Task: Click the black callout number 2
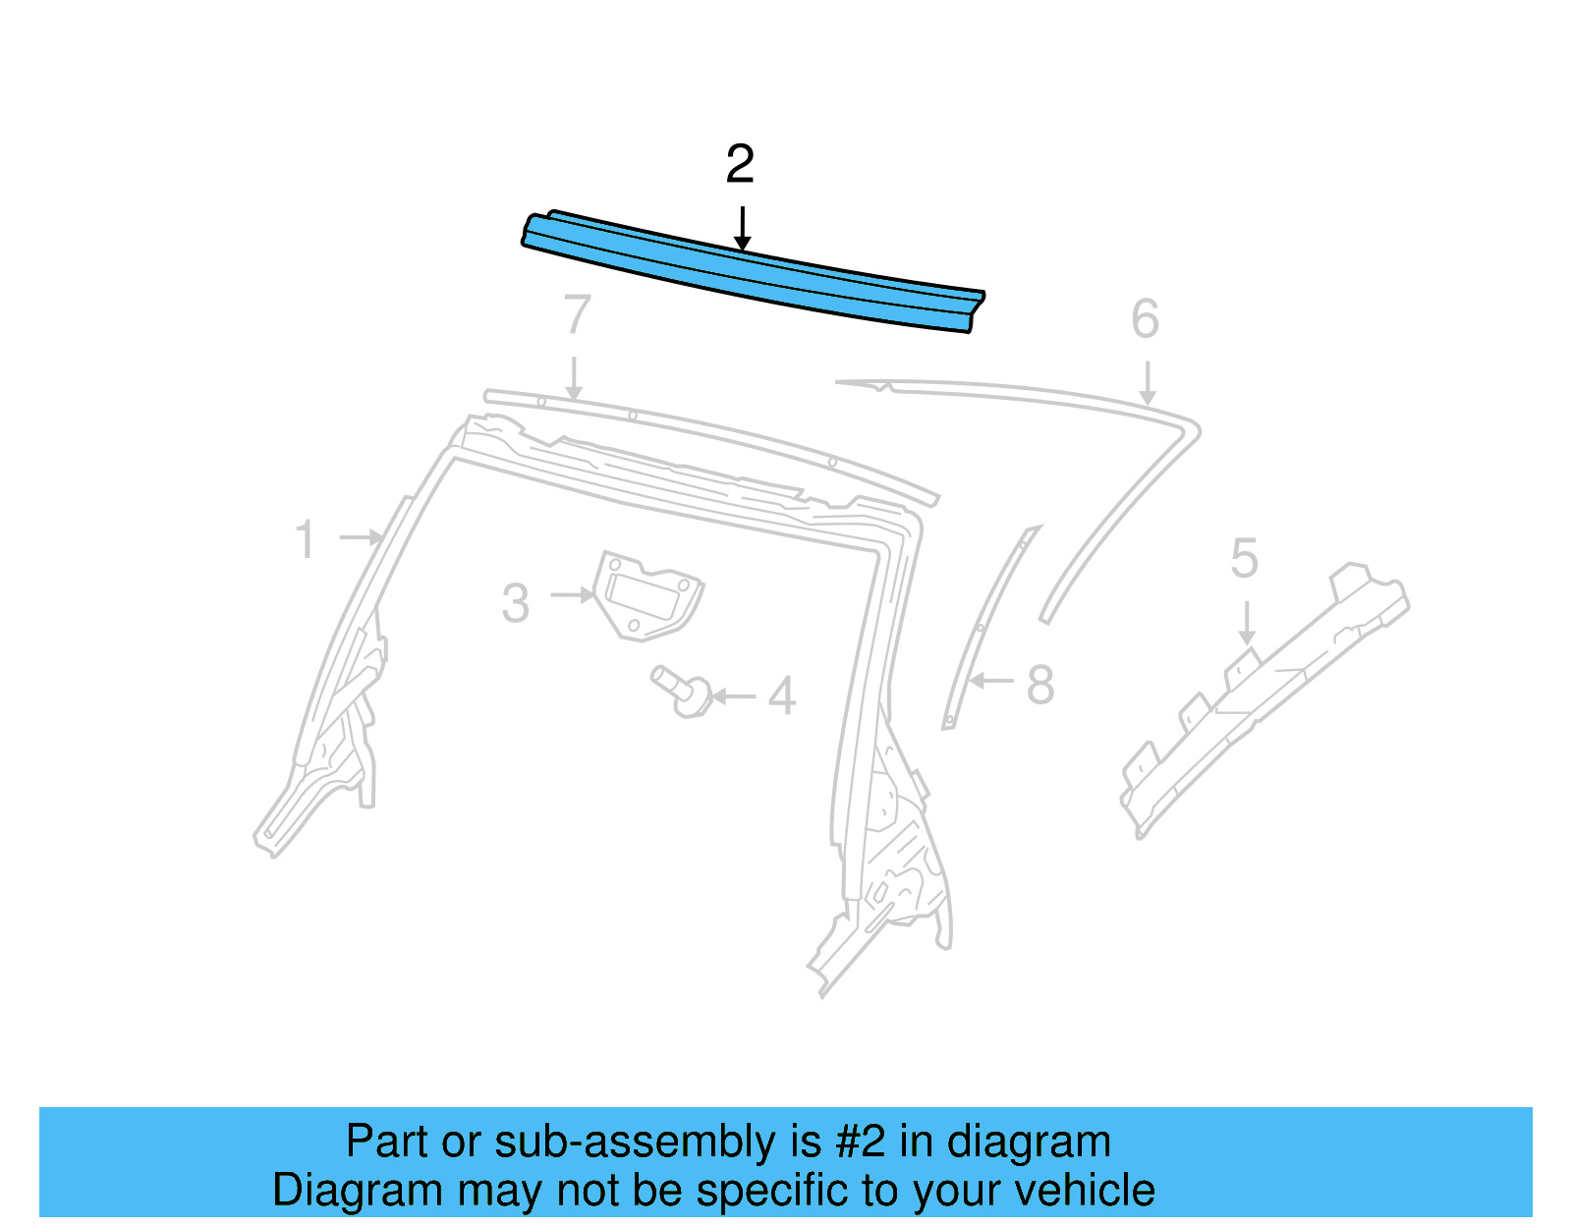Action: [740, 164]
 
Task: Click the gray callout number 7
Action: [577, 315]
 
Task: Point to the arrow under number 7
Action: [574, 378]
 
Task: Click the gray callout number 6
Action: [1145, 319]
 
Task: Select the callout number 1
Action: [306, 540]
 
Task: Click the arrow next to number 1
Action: [361, 537]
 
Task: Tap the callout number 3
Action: [515, 603]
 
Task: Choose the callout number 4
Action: [781, 697]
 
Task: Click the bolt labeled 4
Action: [684, 691]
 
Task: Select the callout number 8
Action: [1039, 685]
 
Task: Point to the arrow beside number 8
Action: [991, 680]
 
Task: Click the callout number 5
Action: [1244, 559]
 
